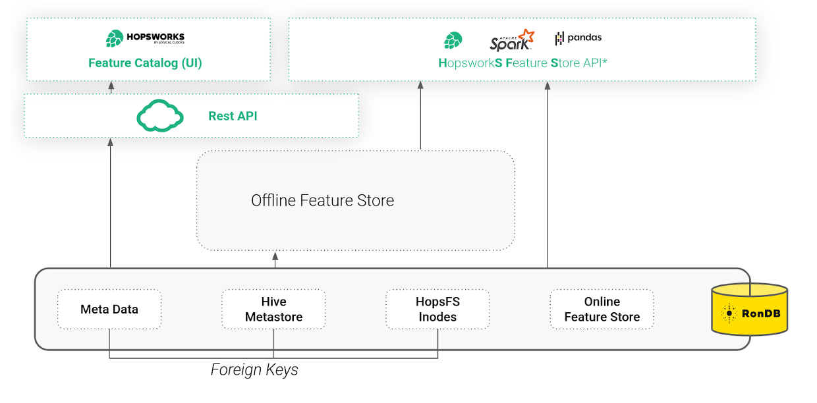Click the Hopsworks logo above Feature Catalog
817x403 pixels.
[x=145, y=38]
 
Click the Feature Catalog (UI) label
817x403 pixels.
[x=145, y=63]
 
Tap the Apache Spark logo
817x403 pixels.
[x=511, y=40]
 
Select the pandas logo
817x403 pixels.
[x=578, y=38]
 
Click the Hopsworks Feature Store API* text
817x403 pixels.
[x=522, y=63]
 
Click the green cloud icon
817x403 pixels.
[x=159, y=116]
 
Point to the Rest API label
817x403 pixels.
[x=233, y=116]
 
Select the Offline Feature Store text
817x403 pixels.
[x=322, y=201]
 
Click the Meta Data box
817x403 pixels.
[x=109, y=309]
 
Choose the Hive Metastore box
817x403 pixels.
[x=273, y=309]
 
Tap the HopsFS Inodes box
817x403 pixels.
[x=437, y=309]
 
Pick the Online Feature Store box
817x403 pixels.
[x=602, y=309]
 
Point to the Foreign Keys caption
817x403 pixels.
[x=254, y=370]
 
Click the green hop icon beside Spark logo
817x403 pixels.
[x=453, y=40]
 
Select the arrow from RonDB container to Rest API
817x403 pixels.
[x=110, y=204]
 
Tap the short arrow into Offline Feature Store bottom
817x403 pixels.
[x=275, y=259]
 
